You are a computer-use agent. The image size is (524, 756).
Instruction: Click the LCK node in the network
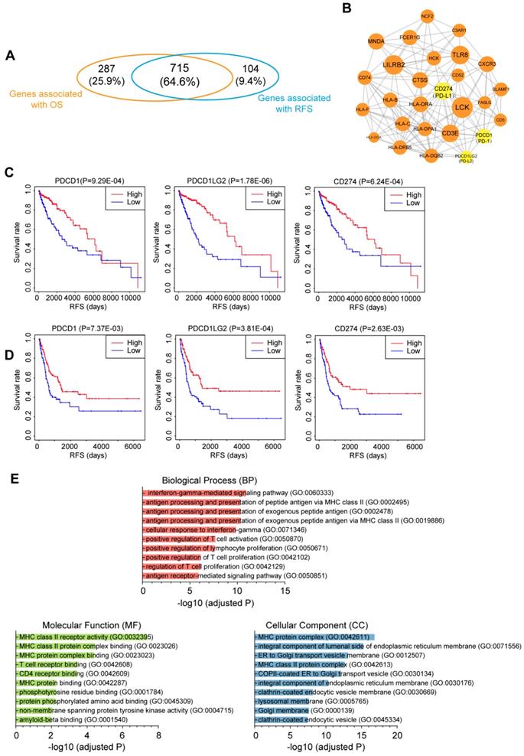point(461,108)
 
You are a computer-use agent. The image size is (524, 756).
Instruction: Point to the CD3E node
point(451,136)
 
